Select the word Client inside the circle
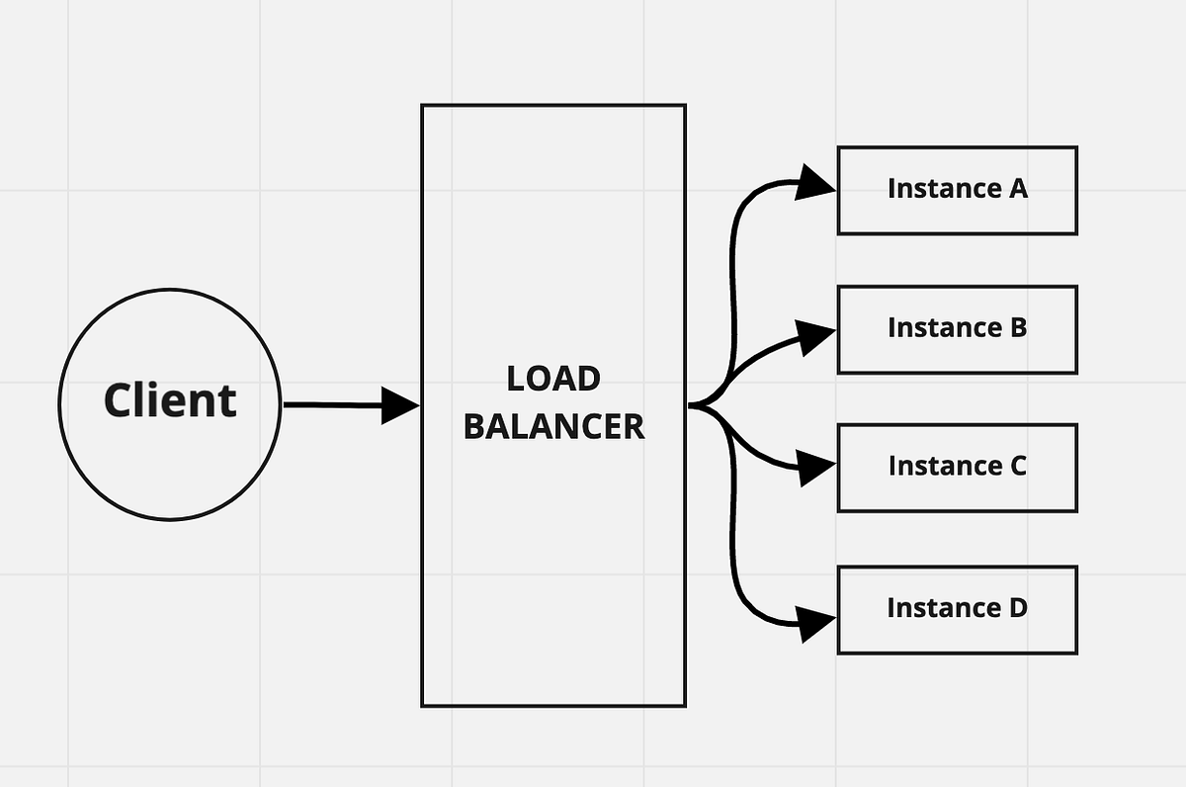tap(170, 400)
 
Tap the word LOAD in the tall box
tap(553, 379)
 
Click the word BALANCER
tap(553, 426)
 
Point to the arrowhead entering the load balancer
tap(401, 405)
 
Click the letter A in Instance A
tap(1017, 188)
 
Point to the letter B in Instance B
tap(1017, 327)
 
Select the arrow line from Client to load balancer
tap(331, 405)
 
